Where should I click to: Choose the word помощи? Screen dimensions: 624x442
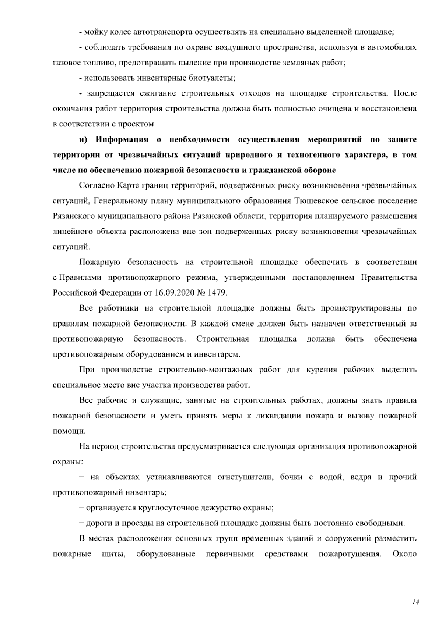click(64, 431)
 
